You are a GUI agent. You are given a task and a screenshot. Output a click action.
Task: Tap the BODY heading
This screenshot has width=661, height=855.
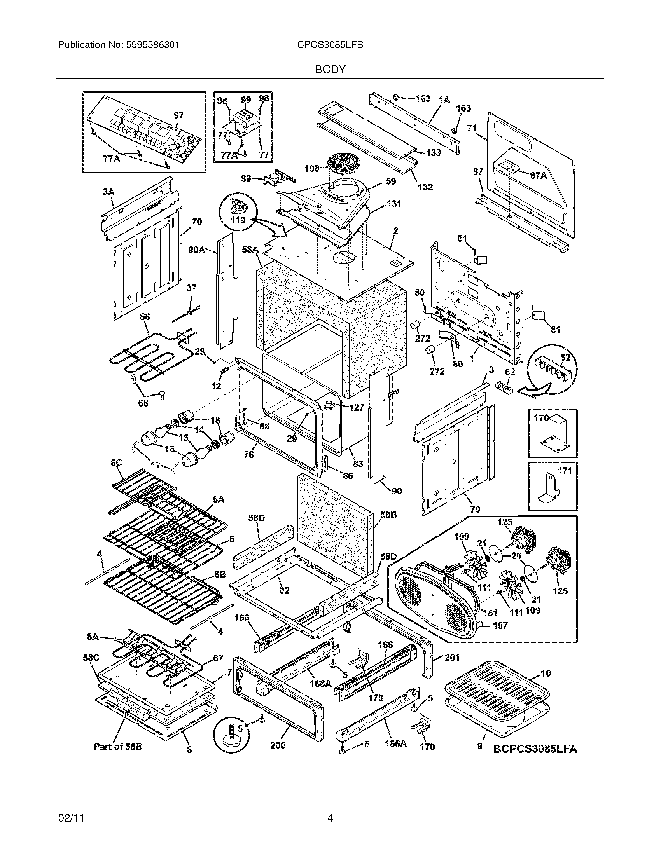coord(330,70)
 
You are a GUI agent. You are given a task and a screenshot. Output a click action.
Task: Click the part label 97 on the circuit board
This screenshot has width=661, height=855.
coord(178,115)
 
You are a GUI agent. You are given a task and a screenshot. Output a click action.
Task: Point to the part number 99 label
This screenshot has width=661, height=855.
coord(245,100)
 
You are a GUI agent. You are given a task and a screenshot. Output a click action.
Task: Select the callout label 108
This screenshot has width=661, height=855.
coord(312,169)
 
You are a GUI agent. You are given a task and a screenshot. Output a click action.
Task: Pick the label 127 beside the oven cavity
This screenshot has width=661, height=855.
coord(356,408)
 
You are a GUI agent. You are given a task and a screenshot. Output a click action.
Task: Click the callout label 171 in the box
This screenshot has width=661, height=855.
coord(564,471)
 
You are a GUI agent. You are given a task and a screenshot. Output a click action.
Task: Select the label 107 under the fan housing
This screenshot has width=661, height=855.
coord(499,625)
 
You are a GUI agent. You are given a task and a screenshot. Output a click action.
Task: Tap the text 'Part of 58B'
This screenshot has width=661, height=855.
coord(117,747)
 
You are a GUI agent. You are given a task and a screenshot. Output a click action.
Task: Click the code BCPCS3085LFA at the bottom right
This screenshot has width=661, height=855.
coord(535,749)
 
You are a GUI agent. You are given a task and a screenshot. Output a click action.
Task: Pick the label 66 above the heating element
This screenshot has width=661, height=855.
coord(145,316)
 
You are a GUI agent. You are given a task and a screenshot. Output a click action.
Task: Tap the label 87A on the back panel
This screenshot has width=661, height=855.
coord(539,176)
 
